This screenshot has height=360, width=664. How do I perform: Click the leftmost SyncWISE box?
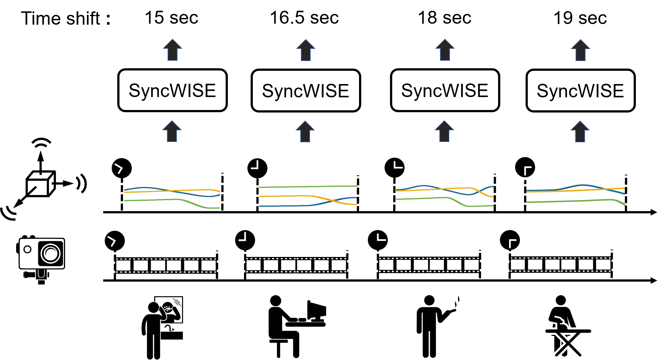172,90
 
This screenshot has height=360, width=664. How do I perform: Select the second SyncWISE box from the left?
306,91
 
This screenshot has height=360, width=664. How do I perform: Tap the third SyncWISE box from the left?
445,90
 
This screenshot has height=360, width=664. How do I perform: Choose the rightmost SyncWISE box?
580,91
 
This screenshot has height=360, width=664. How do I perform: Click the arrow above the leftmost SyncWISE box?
172,50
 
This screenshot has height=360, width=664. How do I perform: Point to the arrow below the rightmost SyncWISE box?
580,131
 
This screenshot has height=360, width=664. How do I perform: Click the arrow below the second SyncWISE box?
305,131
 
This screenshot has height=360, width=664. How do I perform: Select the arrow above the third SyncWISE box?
445,50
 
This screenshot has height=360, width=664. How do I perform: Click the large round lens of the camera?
51,253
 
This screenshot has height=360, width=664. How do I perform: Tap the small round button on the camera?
27,249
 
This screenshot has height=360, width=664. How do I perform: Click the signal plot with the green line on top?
308,196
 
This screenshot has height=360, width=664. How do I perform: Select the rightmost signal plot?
576,195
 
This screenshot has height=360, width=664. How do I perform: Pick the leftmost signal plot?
172,197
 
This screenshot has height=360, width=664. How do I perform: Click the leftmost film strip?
166,265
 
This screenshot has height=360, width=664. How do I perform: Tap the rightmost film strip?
560,264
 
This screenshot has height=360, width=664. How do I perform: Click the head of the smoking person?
429,300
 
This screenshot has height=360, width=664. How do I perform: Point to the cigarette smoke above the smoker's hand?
457,303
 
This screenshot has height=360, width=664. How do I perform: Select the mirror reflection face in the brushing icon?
168,308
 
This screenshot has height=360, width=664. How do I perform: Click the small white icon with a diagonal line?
37,188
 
